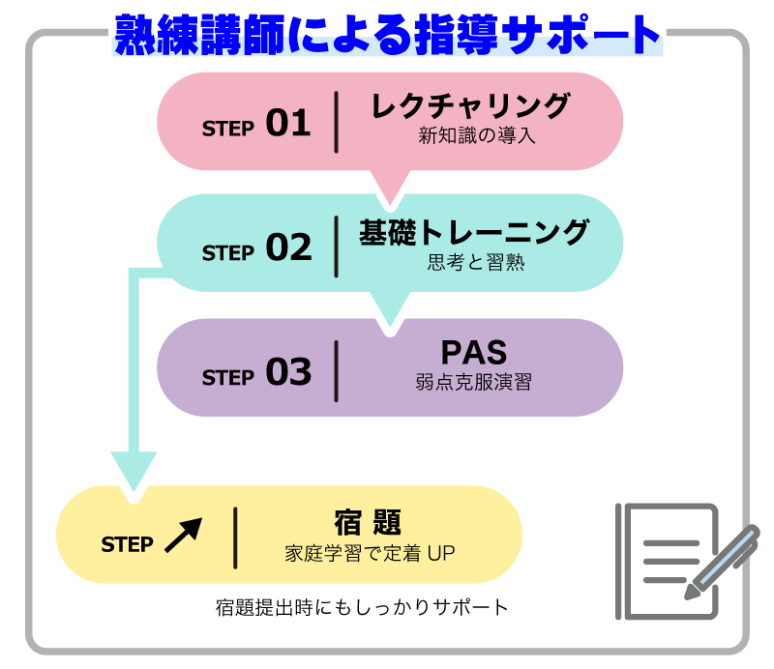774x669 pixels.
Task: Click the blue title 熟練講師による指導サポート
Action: click(x=387, y=36)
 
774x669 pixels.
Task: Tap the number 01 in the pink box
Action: click(x=287, y=124)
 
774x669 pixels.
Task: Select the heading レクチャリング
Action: click(x=470, y=106)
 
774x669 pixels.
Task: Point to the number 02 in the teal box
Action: click(x=288, y=248)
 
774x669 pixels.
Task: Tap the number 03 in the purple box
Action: click(x=288, y=373)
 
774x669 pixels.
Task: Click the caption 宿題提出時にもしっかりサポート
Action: click(x=361, y=608)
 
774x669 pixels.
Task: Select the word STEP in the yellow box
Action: click(x=127, y=544)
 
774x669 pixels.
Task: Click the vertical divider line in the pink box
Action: click(x=336, y=122)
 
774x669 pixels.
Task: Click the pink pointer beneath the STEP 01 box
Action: click(x=389, y=187)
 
